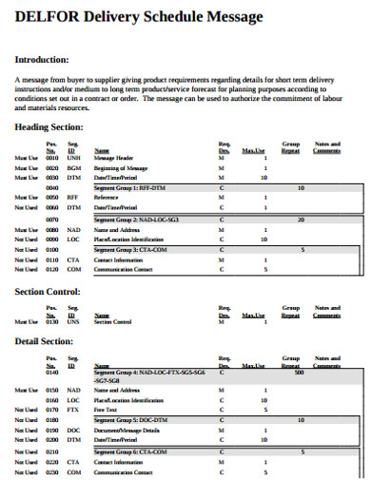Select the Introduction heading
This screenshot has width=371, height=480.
[42, 59]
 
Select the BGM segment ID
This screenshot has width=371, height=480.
[73, 166]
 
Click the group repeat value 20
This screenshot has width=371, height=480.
[301, 220]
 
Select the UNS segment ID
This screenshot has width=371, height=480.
[73, 321]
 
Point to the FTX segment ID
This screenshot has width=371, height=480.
[73, 410]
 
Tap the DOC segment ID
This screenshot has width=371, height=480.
[73, 430]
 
